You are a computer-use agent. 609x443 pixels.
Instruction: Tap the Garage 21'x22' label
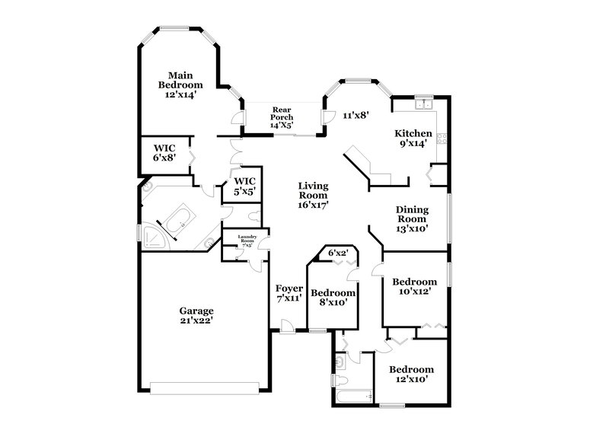[x=196, y=315]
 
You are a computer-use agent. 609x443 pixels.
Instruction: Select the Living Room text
[x=313, y=195]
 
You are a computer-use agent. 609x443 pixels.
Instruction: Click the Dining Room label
[x=412, y=218]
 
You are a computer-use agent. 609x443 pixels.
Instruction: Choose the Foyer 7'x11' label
[x=290, y=294]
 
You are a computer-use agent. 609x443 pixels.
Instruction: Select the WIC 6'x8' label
[x=165, y=152]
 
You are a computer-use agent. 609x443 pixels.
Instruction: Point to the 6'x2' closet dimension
[x=337, y=253]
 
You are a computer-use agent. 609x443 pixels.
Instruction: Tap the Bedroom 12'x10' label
[x=411, y=374]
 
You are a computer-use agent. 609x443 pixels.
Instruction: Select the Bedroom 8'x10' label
[x=333, y=298]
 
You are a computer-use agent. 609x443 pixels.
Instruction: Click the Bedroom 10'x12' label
[x=415, y=286]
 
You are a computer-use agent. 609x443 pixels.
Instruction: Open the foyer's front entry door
[x=288, y=327]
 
